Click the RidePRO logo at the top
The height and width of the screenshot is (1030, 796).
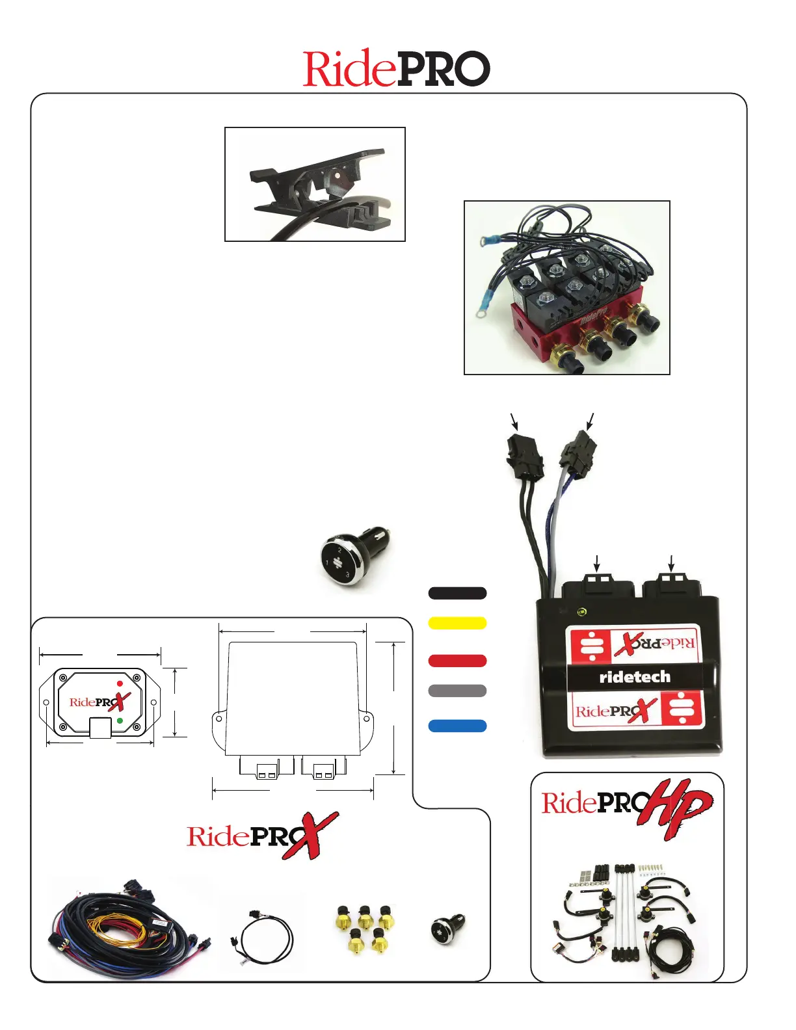point(396,68)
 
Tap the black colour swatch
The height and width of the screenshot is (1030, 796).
point(457,593)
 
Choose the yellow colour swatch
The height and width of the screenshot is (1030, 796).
point(457,623)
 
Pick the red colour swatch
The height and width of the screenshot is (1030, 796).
point(457,661)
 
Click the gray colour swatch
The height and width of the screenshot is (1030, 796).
point(457,691)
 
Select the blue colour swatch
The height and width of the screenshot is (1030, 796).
point(457,726)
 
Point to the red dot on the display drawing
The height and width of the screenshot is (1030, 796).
point(120,683)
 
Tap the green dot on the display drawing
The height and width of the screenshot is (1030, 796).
point(120,720)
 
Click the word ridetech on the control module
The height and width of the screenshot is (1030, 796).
point(635,677)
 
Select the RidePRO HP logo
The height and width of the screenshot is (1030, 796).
point(627,806)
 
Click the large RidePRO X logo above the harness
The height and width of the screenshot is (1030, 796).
point(262,835)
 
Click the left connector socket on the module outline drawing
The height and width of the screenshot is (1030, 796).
point(258,767)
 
